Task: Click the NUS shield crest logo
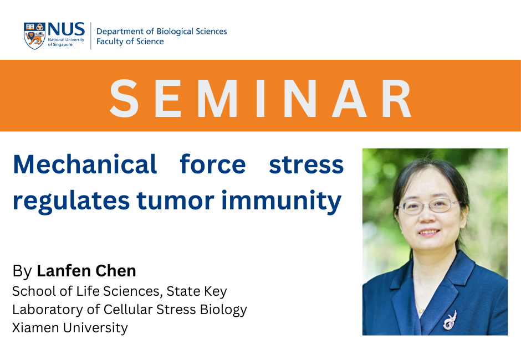34,36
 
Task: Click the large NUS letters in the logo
66,29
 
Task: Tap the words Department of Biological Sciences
161,31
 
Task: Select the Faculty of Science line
130,42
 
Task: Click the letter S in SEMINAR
124,98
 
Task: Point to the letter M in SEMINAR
218,98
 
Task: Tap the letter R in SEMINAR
396,98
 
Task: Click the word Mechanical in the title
85,164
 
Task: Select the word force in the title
213,164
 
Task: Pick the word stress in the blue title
306,165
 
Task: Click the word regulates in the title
71,202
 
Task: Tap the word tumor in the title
176,200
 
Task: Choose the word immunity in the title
282,202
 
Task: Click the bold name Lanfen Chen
86,271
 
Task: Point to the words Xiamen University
70,328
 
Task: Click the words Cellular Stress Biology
175,310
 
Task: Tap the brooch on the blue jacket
450,320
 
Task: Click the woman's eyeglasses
429,206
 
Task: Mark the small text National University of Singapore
66,42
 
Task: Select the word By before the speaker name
22,271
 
